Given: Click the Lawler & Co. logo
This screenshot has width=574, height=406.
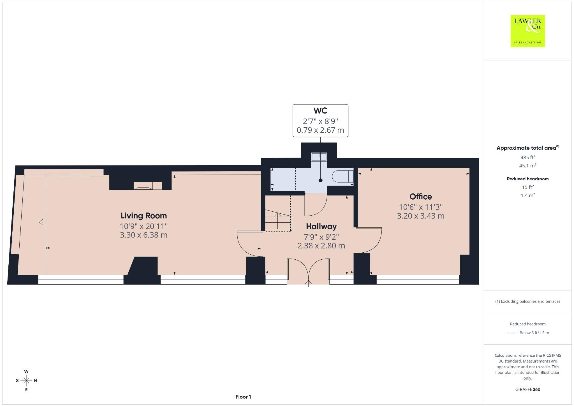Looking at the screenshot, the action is tap(527, 31).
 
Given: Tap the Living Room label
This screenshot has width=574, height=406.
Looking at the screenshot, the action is tap(143, 216).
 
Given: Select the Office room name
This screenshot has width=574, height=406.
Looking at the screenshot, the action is tap(420, 197).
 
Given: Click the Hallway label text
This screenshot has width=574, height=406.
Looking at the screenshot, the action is tap(321, 227).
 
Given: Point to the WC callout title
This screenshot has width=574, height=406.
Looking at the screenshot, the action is tap(320, 111).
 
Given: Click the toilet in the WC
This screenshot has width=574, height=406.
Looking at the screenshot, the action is tap(342, 176).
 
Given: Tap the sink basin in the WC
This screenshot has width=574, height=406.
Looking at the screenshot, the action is tap(319, 157).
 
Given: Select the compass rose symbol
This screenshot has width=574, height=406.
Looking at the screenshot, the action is tap(26, 380).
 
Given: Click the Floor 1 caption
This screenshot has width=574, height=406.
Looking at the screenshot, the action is tap(243, 397).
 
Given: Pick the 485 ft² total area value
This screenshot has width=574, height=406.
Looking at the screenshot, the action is tap(528, 157).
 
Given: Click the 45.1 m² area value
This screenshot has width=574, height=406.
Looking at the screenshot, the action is tap(528, 165).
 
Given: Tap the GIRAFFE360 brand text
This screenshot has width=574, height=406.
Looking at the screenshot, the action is tap(528, 389).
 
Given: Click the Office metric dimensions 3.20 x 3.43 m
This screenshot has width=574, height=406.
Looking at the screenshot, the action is tap(421, 216).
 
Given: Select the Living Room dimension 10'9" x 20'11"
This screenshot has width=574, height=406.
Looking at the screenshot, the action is tap(143, 226).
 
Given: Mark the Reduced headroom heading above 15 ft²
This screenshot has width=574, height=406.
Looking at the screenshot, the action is tap(528, 179).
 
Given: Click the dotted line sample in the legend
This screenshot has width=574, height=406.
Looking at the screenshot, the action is tap(511, 333).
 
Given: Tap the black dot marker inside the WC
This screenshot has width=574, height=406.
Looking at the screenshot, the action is tap(320, 180).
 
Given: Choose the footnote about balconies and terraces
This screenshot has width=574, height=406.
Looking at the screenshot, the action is tap(528, 301).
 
